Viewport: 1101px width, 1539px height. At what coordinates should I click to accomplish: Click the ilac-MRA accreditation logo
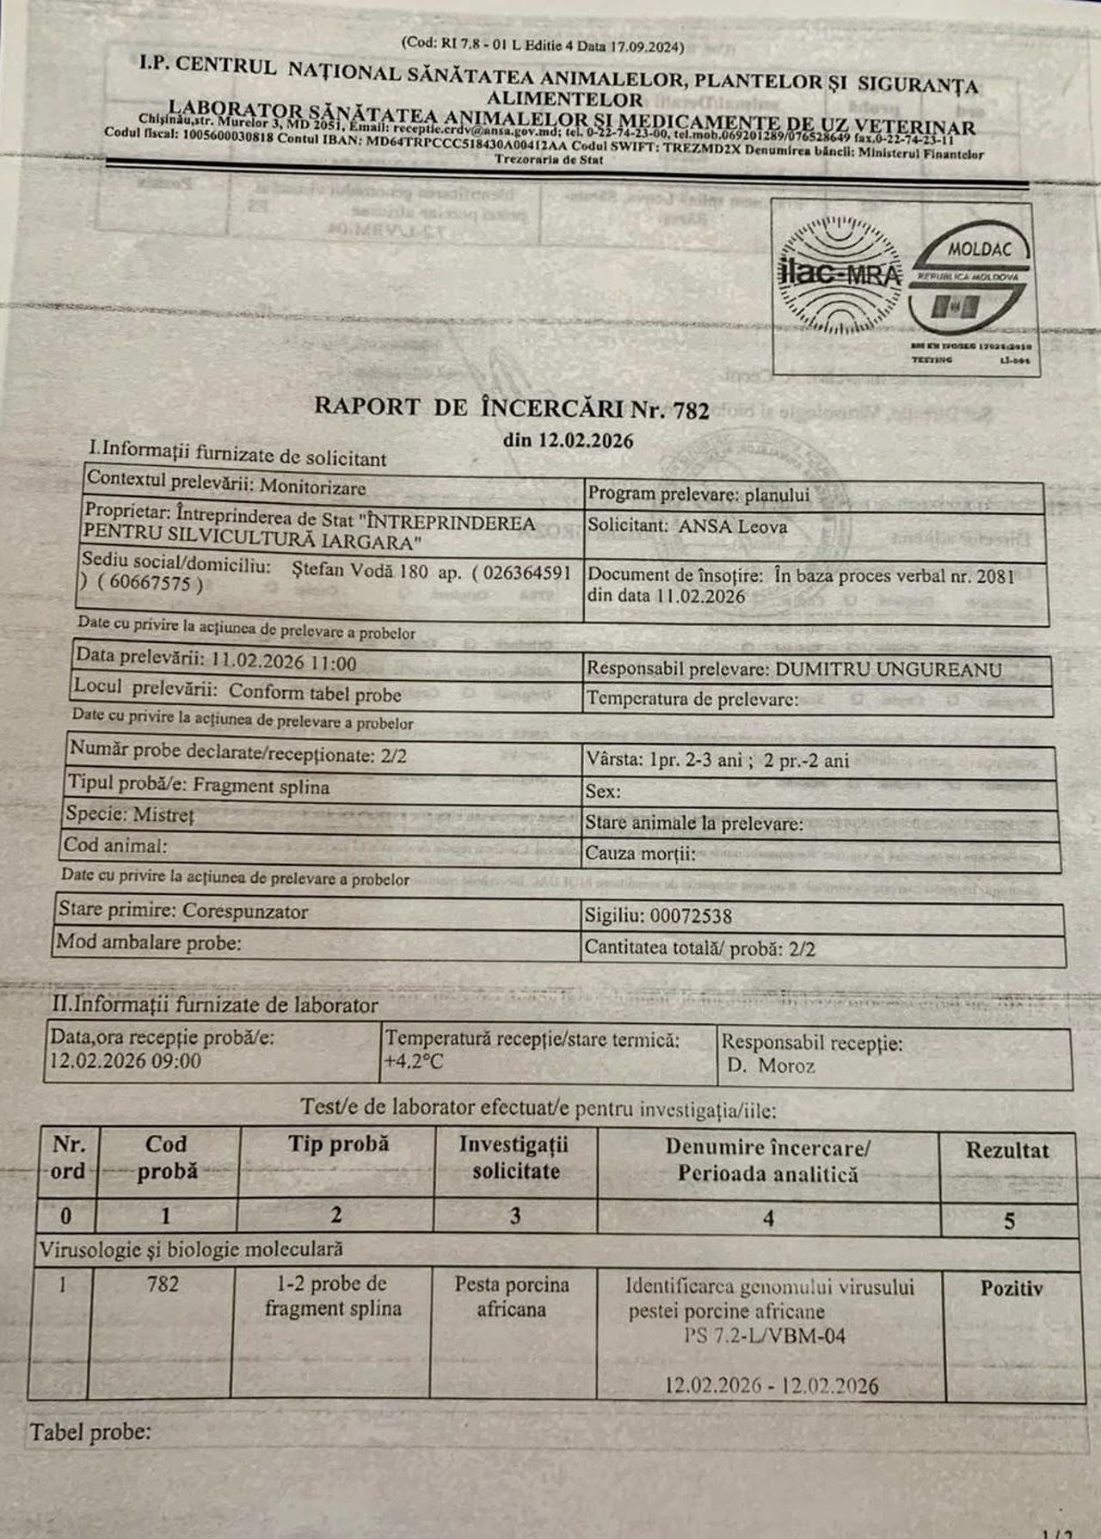pos(839,274)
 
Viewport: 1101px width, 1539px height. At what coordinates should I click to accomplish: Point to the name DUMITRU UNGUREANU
pos(888,669)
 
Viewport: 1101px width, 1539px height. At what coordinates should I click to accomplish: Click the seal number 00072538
pos(691,916)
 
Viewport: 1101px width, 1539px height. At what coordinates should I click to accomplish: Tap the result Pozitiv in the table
pos(1011,1288)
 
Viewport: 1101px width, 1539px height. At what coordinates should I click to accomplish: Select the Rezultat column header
pos(1007,1151)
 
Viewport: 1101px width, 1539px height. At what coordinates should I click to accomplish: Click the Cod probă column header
pos(167,1157)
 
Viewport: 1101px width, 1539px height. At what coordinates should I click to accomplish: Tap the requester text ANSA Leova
pos(732,526)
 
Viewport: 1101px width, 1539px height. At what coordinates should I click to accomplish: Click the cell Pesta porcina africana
pos(512,1297)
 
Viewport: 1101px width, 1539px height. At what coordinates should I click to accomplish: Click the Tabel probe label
pos(90,1432)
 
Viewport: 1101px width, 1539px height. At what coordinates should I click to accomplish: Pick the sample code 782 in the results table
pos(163,1285)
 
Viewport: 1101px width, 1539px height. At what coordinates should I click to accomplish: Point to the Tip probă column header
pos(338,1144)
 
